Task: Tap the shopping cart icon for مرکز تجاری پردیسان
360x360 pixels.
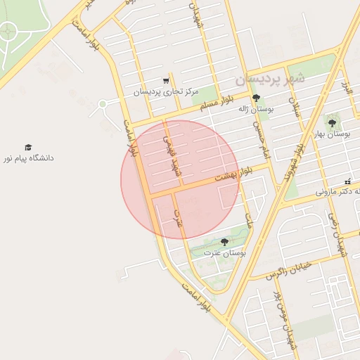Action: pyautogui.click(x=166, y=81)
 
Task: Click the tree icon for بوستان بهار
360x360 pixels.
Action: pyautogui.click(x=332, y=122)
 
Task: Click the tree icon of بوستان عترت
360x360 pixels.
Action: pyautogui.click(x=224, y=241)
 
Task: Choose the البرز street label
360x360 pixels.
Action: pyautogui.click(x=345, y=90)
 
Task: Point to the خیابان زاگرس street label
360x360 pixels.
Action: pyautogui.click(x=288, y=271)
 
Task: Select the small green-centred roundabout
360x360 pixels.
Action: pyautogui.click(x=103, y=104)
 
